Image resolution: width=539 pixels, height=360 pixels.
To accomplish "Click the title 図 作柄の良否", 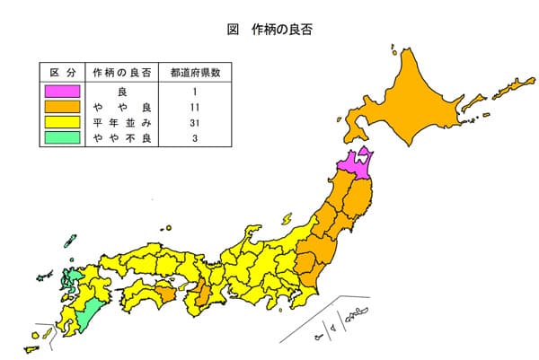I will [x=270, y=29].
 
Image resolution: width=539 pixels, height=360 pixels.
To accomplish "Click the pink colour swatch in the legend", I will [x=61, y=91].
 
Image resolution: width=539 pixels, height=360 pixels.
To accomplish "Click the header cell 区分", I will [x=61, y=72].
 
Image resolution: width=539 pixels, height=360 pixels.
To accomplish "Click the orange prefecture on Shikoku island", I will [x=162, y=293].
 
